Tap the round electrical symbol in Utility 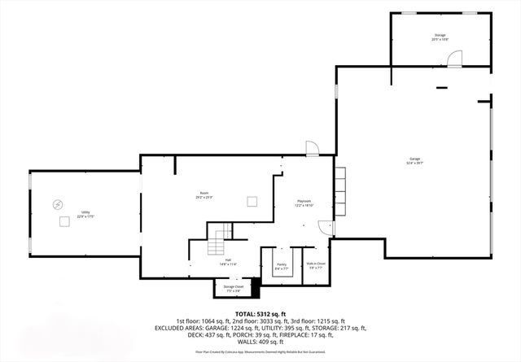(x=57, y=203)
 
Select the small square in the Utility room (x=63, y=221)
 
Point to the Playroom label (x=304, y=203)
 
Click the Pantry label (x=281, y=264)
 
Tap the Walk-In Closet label (x=316, y=264)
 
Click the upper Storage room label (x=440, y=38)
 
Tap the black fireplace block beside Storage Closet (x=256, y=286)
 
